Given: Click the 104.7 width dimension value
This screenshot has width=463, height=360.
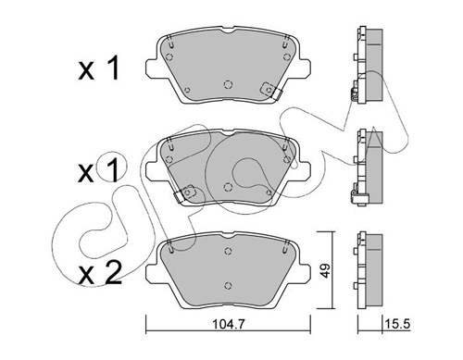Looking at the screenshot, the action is click(229, 324).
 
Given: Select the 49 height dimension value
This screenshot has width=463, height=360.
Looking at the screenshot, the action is click(325, 270).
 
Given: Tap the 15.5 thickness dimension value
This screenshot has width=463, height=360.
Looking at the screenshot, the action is click(397, 324).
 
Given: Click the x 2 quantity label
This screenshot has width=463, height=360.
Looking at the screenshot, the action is click(100, 273).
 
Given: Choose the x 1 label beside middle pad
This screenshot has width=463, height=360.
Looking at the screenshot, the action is click(98, 170).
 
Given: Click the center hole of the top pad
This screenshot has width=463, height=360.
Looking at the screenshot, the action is click(228, 84).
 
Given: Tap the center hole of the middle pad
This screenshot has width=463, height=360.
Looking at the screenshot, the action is click(228, 187).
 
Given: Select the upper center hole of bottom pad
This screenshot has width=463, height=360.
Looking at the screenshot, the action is click(228, 251).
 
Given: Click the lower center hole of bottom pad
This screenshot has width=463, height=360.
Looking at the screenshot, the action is click(228, 285).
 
